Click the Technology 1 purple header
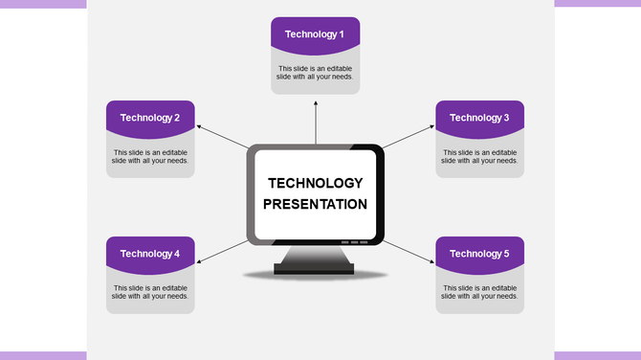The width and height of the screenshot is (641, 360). point(315,34)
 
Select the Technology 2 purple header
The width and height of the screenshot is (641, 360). point(150,117)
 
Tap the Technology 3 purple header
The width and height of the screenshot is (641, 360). point(479,117)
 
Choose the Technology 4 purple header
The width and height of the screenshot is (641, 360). point(150,253)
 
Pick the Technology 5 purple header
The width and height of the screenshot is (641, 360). point(479,253)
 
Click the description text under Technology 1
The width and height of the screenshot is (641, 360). point(315,73)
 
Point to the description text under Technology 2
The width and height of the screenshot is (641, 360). point(150,156)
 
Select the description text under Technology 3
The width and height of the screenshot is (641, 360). point(479,156)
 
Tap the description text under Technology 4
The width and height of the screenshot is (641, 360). point(150,292)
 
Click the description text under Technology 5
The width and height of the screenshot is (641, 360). point(479,292)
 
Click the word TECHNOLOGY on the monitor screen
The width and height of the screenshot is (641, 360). point(315,183)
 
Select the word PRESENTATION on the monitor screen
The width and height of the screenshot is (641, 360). point(315,204)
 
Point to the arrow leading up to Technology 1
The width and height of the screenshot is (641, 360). point(316,120)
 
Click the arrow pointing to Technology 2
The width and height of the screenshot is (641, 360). point(221,136)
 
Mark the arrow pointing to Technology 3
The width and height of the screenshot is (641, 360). point(409,136)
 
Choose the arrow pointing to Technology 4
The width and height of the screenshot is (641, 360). point(221,251)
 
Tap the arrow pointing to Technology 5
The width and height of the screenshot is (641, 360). point(409,251)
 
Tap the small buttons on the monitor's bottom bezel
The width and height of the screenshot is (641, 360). point(354,242)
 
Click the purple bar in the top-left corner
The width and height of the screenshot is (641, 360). point(43,4)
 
